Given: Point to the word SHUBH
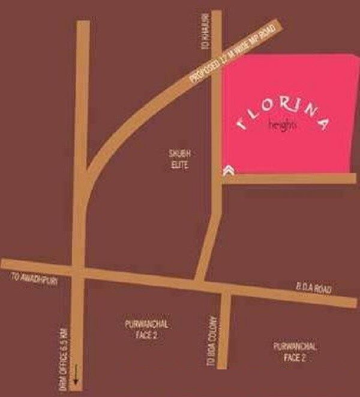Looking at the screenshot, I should (x=179, y=156).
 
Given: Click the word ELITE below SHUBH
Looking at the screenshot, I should (x=179, y=165).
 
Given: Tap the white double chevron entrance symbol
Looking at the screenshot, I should (x=228, y=171).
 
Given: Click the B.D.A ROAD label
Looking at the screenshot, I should (x=313, y=289).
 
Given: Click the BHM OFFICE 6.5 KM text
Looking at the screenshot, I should (x=62, y=345).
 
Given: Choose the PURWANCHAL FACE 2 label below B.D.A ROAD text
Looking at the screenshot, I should (x=295, y=351).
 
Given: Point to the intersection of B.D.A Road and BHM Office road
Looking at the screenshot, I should (x=78, y=271).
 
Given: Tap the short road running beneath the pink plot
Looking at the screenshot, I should (x=288, y=178).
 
